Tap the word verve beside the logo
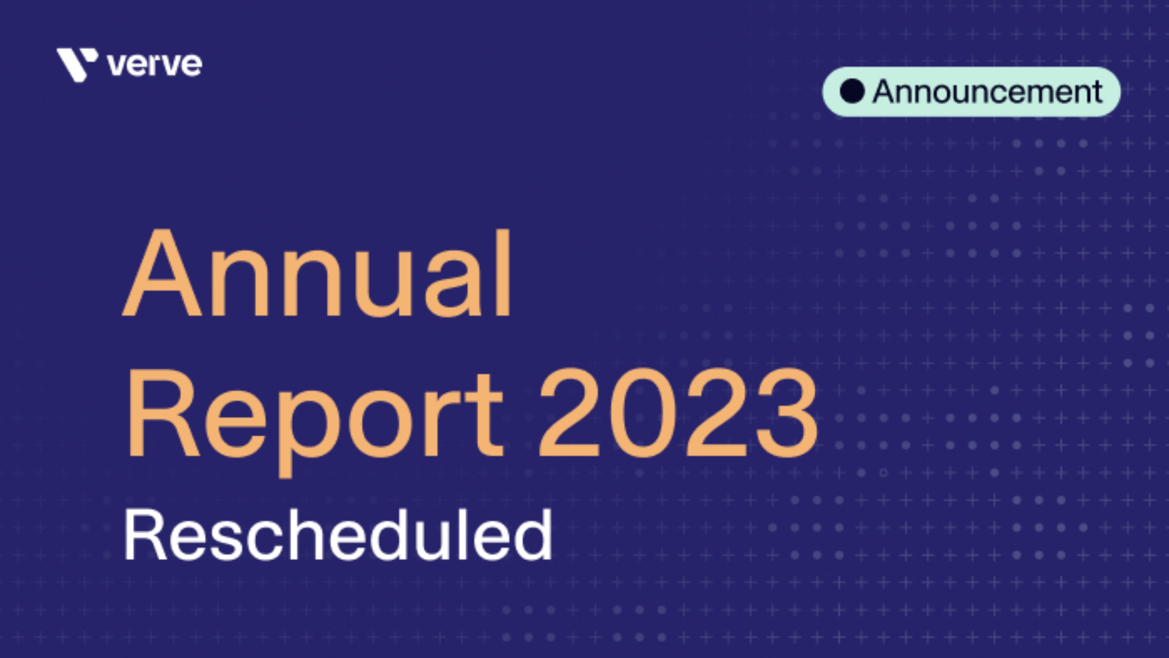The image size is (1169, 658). pyautogui.click(x=155, y=65)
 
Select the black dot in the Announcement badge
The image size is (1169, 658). pyautogui.click(x=852, y=92)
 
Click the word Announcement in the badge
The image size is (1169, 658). pyautogui.click(x=987, y=92)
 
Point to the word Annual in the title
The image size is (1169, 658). pyautogui.click(x=317, y=273)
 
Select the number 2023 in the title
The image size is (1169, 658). pyautogui.click(x=678, y=414)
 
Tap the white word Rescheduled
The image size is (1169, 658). pyautogui.click(x=338, y=535)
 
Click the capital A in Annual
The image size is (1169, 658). pyautogui.click(x=162, y=273)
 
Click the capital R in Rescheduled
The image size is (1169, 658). pyautogui.click(x=144, y=536)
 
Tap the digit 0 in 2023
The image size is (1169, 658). pyautogui.click(x=642, y=414)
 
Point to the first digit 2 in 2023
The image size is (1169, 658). pyautogui.click(x=569, y=414)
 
